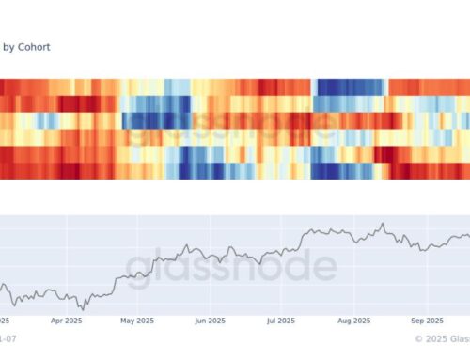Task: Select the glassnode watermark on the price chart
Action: click(230, 267)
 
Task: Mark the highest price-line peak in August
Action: click(382, 224)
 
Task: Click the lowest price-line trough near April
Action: click(82, 307)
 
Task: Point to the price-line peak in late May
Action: click(188, 247)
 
